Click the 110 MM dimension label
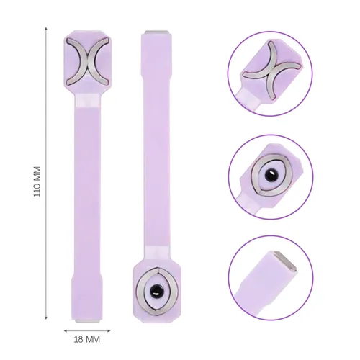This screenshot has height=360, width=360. click(37, 181)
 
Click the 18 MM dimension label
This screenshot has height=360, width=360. click(87, 339)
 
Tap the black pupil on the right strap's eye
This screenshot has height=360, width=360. click(154, 291)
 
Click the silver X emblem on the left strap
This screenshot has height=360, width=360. click(87, 62)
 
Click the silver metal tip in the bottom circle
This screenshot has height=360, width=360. click(285, 261)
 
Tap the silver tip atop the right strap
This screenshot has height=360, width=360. click(156, 32)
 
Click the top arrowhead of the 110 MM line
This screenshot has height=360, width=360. click(46, 29)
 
